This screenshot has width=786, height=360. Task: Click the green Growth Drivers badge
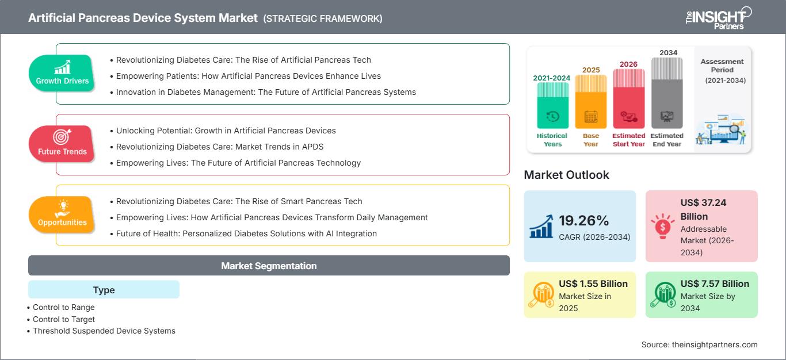[x=62, y=73]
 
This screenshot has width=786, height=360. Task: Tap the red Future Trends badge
[x=62, y=144]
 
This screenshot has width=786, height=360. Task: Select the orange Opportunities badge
[x=62, y=215]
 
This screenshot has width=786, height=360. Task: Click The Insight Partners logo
[x=718, y=18]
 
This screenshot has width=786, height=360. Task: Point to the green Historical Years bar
[x=552, y=105]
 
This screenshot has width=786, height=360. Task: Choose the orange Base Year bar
[x=591, y=102]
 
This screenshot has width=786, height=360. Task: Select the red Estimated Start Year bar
[x=629, y=98]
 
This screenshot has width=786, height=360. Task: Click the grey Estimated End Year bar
[x=667, y=93]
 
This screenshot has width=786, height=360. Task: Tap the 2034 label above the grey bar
[x=668, y=52]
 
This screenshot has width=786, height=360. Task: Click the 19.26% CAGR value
[x=584, y=220]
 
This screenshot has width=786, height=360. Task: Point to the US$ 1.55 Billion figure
[x=593, y=284]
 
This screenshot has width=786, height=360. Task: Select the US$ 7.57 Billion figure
[x=715, y=284]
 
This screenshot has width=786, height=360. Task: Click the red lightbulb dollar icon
[x=662, y=226]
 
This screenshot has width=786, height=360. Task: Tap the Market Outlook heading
[x=566, y=175]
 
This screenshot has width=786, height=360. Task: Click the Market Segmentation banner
[x=269, y=265]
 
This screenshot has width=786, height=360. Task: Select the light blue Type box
[x=104, y=289]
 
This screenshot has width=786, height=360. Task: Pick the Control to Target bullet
[x=61, y=319]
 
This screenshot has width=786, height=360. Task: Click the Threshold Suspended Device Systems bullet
[x=101, y=331]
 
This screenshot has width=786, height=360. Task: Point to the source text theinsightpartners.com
[x=715, y=344]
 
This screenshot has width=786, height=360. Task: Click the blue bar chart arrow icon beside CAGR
[x=541, y=227]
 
